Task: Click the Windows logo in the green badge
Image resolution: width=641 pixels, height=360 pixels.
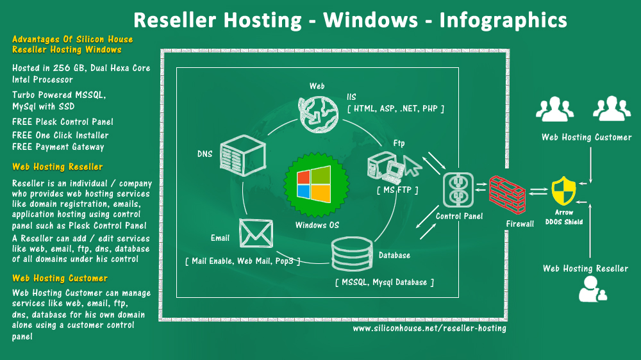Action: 314,184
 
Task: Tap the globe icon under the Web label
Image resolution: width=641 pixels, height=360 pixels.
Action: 319,115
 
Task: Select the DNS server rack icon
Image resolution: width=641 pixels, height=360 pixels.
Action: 243,155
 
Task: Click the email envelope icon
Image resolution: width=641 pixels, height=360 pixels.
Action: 256,233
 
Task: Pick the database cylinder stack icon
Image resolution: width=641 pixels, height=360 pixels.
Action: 352,254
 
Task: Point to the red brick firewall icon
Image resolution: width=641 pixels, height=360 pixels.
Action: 507,195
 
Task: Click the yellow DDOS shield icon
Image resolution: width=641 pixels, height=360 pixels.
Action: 563,191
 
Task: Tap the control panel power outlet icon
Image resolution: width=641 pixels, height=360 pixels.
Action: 458,190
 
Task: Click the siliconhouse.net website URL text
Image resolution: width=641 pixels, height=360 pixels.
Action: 429,328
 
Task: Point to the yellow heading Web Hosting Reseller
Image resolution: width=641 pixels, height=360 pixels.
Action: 57,167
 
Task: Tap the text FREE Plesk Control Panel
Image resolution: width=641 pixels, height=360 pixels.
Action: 63,122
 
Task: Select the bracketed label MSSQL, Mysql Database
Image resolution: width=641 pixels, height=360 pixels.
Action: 384,282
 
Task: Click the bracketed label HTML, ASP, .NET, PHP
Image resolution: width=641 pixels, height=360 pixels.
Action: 395,109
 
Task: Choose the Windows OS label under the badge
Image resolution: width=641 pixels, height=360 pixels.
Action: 317,225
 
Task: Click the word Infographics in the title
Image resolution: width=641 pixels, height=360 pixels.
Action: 503,20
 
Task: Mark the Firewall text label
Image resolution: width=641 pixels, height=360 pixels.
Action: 520,224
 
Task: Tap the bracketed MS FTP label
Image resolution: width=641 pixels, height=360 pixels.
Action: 397,190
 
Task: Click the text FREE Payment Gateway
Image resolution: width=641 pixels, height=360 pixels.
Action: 58,147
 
